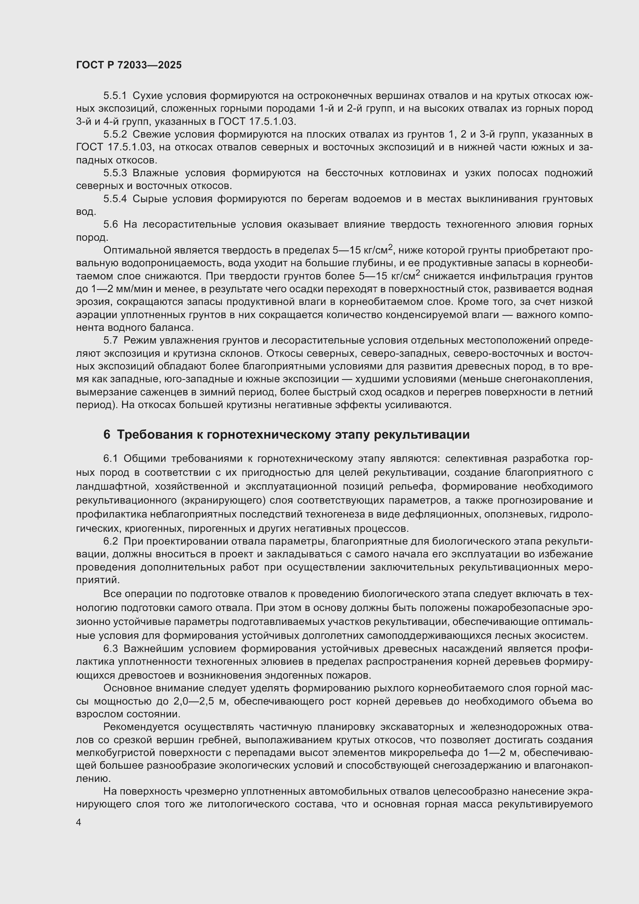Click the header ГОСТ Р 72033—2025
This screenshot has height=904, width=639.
(129, 65)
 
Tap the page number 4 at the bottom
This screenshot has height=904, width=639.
(79, 822)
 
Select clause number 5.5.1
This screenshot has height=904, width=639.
(115, 96)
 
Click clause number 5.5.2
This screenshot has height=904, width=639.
(115, 134)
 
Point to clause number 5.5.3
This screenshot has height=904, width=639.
(115, 173)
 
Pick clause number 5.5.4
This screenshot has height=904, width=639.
(115, 199)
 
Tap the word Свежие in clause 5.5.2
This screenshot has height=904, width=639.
(151, 134)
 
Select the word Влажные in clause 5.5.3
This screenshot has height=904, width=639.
(156, 173)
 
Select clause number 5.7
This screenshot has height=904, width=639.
(110, 340)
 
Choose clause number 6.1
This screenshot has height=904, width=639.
(110, 459)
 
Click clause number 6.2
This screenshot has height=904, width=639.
(110, 542)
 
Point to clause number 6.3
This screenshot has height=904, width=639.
(110, 649)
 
